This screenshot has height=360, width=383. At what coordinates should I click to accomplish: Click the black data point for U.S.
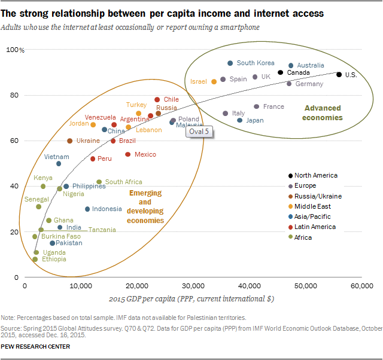339,75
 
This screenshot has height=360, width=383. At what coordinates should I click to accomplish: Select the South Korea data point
230,63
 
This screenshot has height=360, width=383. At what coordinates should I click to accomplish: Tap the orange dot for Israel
214,81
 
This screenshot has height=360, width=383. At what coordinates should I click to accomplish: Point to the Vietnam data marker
59,164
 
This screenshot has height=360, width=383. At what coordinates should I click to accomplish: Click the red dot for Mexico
127,154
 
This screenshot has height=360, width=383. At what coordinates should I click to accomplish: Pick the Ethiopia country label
53,260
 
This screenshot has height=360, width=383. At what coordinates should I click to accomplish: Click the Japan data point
240,120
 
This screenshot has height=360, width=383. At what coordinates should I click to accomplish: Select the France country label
273,106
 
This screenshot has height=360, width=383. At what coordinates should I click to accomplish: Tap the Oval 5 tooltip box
196,132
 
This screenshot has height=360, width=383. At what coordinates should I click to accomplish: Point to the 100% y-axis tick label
14,50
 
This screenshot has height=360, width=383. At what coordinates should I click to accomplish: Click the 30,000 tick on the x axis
193,287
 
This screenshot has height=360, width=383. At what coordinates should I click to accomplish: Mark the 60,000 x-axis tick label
361,287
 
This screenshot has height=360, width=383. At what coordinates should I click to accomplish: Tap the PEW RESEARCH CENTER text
35,346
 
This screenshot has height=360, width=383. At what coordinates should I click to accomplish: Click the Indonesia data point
87,209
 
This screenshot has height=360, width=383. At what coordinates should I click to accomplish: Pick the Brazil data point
113,141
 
